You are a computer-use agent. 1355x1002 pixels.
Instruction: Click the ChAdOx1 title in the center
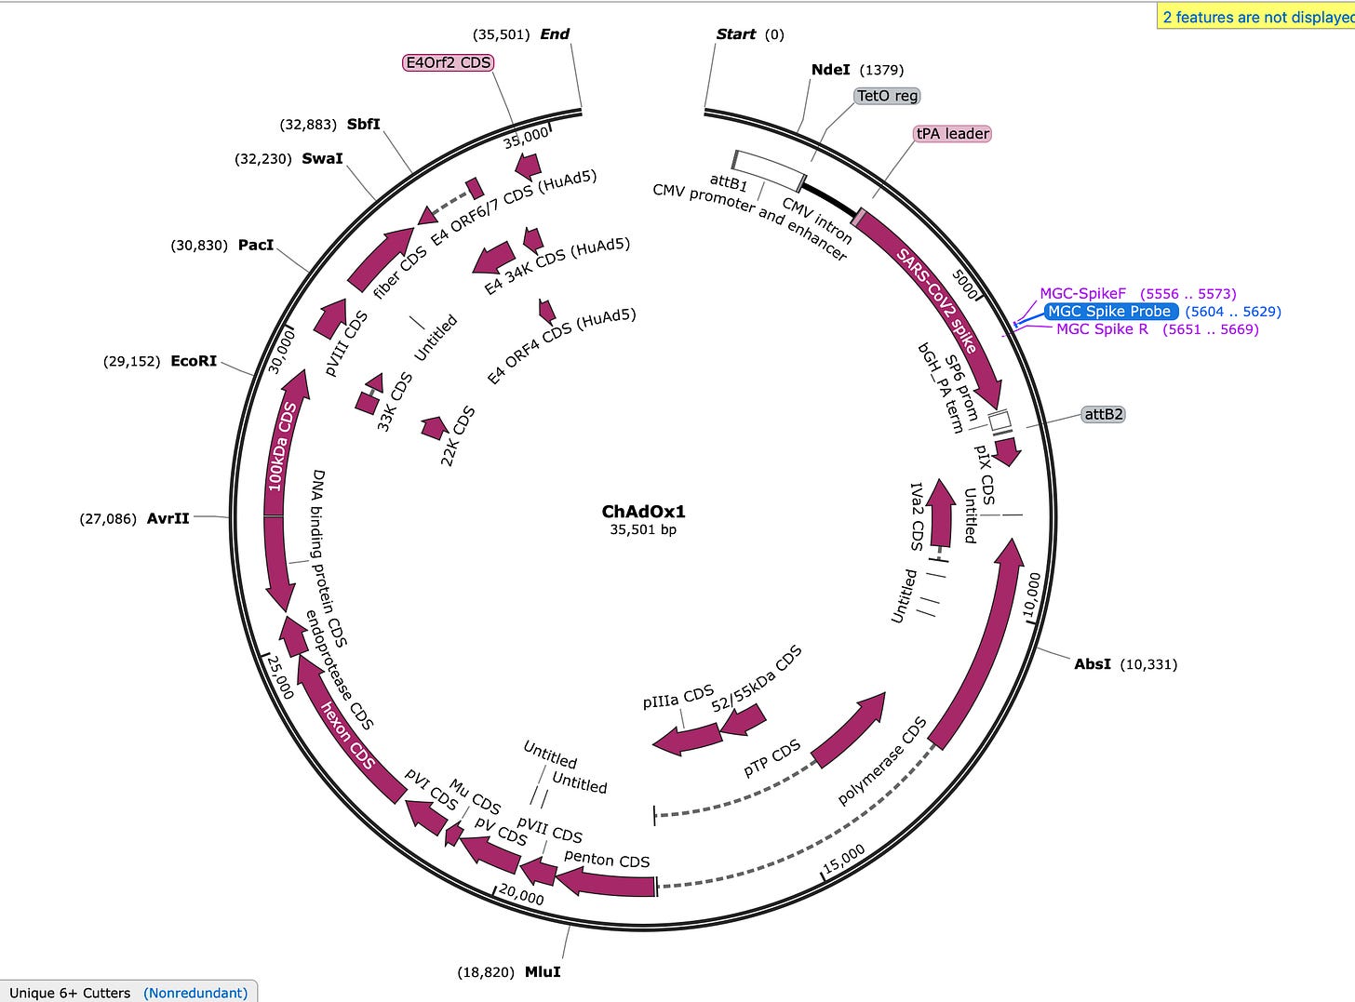643,512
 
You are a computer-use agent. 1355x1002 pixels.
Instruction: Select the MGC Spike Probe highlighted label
1109,312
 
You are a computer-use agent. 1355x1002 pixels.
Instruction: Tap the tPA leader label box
953,134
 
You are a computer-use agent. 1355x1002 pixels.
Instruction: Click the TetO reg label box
887,96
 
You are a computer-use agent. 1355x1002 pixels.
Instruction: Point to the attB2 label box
1103,414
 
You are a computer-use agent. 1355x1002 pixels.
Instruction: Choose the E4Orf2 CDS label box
448,62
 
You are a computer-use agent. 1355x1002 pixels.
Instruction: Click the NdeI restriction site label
831,70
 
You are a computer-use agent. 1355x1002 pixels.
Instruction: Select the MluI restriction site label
543,972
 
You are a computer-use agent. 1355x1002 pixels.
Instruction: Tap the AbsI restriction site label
1093,664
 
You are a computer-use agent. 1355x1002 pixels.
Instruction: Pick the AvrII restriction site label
168,518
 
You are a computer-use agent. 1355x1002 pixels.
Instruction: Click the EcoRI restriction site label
194,361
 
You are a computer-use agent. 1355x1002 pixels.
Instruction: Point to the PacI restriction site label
256,246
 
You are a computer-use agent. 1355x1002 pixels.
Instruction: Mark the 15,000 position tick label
843,859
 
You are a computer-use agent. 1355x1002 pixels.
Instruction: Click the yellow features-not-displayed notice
1256,16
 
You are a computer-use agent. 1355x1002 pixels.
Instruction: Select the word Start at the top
735,34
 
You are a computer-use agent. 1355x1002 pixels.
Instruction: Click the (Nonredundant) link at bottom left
195,993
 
